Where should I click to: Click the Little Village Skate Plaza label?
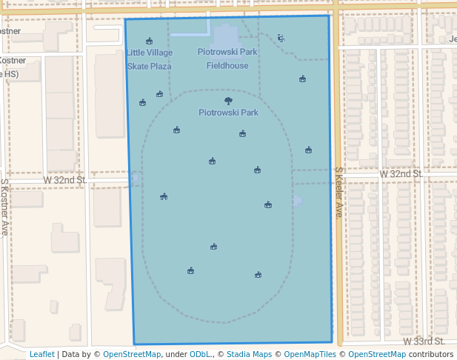(149, 59)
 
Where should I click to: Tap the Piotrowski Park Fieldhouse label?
(227, 59)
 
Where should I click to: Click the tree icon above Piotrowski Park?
(228, 101)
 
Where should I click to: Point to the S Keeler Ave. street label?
(338, 193)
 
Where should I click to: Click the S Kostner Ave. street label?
(4, 207)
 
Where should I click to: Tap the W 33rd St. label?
(424, 341)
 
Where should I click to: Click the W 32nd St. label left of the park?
(65, 180)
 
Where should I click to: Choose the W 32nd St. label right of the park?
(401, 173)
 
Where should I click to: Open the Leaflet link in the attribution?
(42, 354)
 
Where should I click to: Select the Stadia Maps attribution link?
(247, 354)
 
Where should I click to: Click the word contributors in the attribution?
(431, 354)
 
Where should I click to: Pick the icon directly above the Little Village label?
(149, 41)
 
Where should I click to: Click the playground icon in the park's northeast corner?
(281, 38)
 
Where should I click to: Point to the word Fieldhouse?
(227, 65)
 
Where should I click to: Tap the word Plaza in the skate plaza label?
(160, 66)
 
